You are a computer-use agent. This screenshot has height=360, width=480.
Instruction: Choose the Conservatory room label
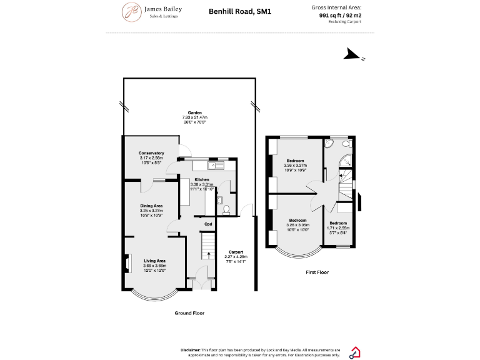pyautogui.click(x=151, y=153)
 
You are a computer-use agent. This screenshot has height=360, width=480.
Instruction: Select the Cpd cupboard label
pyautogui.click(x=208, y=224)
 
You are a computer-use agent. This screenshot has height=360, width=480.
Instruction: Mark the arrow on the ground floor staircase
pyautogui.click(x=208, y=247)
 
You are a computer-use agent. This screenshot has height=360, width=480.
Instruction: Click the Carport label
pyautogui.click(x=236, y=252)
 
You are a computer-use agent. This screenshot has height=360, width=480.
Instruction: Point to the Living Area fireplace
pyautogui.click(x=128, y=263)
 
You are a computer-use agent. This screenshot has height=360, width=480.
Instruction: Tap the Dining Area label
pyautogui.click(x=151, y=206)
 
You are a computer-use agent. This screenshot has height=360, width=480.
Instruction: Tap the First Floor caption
pyautogui.click(x=317, y=272)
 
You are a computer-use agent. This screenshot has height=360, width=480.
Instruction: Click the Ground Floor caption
pyautogui.click(x=189, y=312)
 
